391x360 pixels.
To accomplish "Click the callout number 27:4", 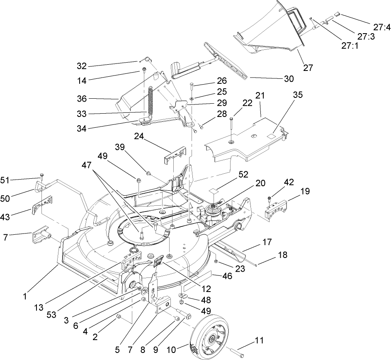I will (381, 28).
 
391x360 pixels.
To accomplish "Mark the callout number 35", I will (298, 95).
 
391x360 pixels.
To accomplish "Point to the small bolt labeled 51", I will (42, 175).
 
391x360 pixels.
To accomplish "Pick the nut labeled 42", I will (269, 197).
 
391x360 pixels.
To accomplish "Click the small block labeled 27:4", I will (337, 14).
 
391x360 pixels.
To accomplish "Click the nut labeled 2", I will (119, 317).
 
